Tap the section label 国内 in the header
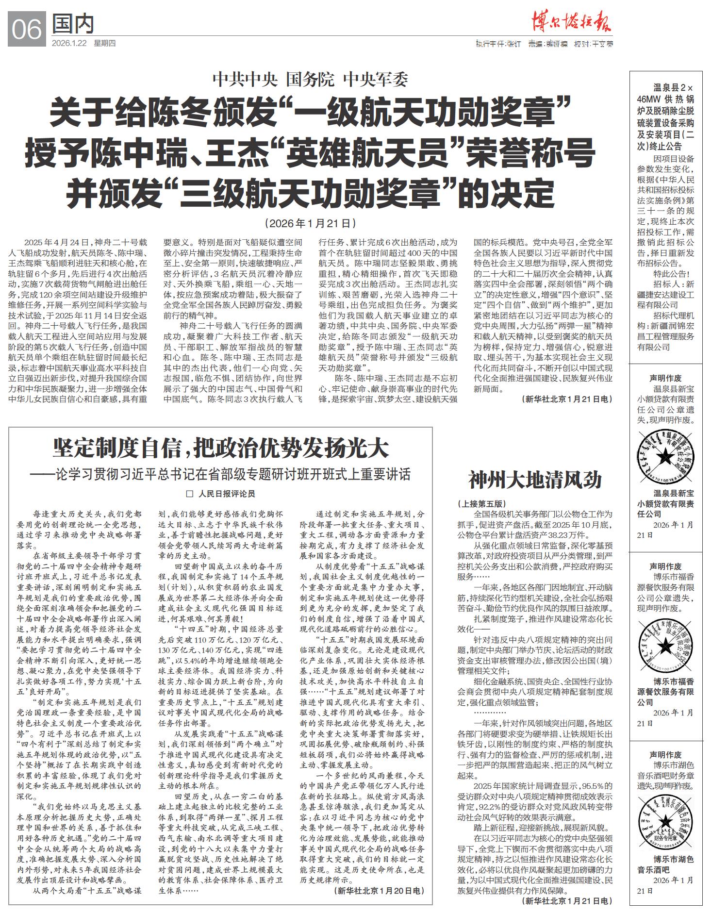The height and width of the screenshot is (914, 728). pyautogui.click(x=73, y=24)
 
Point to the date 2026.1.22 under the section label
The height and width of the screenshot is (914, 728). pyautogui.click(x=69, y=43)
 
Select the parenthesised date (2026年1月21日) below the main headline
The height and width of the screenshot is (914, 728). pyautogui.click(x=310, y=223)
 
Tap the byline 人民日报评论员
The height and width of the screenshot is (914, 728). pyautogui.click(x=226, y=494)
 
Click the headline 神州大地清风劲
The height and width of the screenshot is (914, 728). pyautogui.click(x=535, y=480)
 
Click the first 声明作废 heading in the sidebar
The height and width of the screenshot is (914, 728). pyautogui.click(x=665, y=378)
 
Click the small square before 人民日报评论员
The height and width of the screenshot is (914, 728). pyautogui.click(x=190, y=494)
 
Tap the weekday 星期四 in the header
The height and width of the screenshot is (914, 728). pyautogui.click(x=105, y=43)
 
